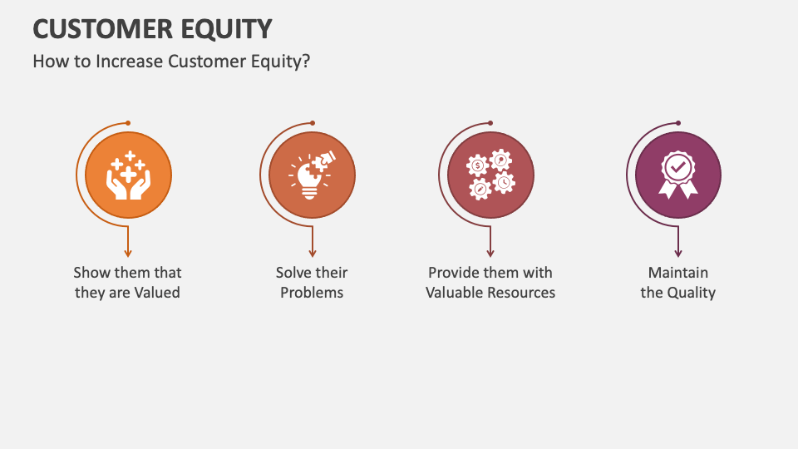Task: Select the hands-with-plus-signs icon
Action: click(129, 176)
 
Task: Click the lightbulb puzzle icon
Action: click(313, 176)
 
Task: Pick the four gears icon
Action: click(490, 175)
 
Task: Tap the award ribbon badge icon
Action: click(678, 176)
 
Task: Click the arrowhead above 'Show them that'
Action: click(128, 253)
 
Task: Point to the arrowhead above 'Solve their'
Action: click(313, 253)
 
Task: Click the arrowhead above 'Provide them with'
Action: click(490, 253)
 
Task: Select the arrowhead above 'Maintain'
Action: click(678, 253)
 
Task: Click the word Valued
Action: click(157, 293)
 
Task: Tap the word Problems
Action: click(312, 293)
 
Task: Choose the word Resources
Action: click(518, 293)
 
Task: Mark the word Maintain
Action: click(678, 273)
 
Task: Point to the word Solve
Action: click(293, 273)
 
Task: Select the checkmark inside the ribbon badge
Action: click(678, 168)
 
